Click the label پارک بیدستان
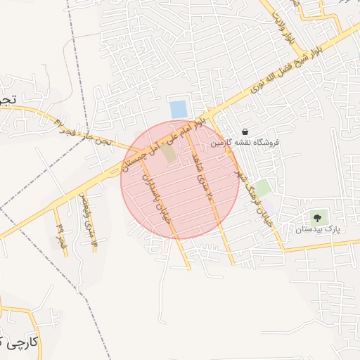pos(317,230)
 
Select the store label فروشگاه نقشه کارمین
pos(245,143)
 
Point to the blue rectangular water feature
pos(179,110)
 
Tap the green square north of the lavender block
pos(262,188)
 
